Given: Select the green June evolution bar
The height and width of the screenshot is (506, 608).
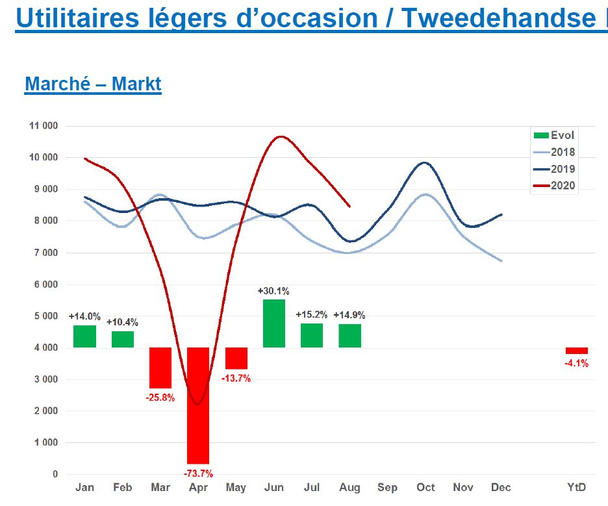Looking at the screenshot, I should click(x=274, y=323).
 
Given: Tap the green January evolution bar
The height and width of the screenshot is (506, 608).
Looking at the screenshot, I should click(x=84, y=336).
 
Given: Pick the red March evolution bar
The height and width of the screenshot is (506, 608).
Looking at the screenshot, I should click(x=160, y=368).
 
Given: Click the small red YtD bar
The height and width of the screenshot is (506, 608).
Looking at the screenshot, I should click(x=577, y=351).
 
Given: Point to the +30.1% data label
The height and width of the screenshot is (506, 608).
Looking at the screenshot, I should click(x=274, y=290).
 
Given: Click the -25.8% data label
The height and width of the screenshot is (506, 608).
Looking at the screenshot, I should click(x=160, y=398).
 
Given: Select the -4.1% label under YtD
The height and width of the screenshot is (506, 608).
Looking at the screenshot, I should click(x=577, y=364).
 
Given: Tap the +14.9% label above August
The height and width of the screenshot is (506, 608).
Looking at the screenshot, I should click(x=349, y=315).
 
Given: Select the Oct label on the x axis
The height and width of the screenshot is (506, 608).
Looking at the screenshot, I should click(x=425, y=488).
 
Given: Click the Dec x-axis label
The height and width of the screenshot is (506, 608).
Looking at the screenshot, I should click(x=501, y=488).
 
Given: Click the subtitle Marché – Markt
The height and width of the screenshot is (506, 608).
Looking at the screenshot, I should click(x=93, y=84).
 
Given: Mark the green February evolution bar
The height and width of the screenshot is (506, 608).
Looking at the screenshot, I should click(x=123, y=340).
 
